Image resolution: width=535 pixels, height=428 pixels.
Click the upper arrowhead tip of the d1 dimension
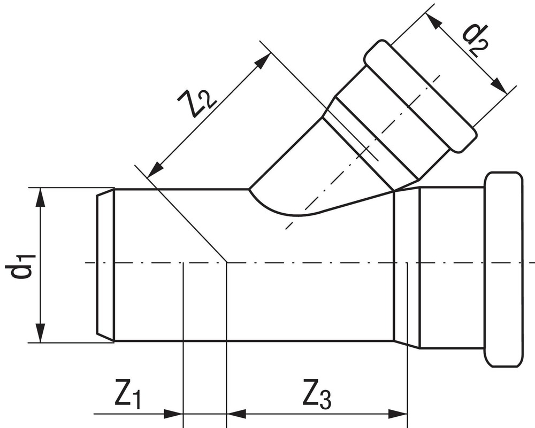point(41,188)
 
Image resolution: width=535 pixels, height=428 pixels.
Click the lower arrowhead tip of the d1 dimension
point(41,342)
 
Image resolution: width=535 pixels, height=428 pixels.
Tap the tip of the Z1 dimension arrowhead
point(183,414)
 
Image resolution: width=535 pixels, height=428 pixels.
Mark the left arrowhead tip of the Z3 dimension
point(227,414)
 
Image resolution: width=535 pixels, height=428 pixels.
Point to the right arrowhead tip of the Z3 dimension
point(407,414)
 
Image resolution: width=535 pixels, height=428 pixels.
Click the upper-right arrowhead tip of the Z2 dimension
point(270,52)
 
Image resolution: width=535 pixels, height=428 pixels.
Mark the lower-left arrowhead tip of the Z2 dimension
point(148,177)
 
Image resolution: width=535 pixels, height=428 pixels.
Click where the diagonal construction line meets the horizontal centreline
point(227,263)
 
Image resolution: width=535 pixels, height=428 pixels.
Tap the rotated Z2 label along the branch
point(197,99)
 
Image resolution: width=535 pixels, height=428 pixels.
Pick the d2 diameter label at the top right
point(475,39)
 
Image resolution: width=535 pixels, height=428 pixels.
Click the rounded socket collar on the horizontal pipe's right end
point(503,269)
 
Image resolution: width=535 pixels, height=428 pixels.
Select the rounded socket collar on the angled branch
point(420,96)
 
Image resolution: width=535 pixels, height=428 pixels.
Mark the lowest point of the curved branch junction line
point(297,215)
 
